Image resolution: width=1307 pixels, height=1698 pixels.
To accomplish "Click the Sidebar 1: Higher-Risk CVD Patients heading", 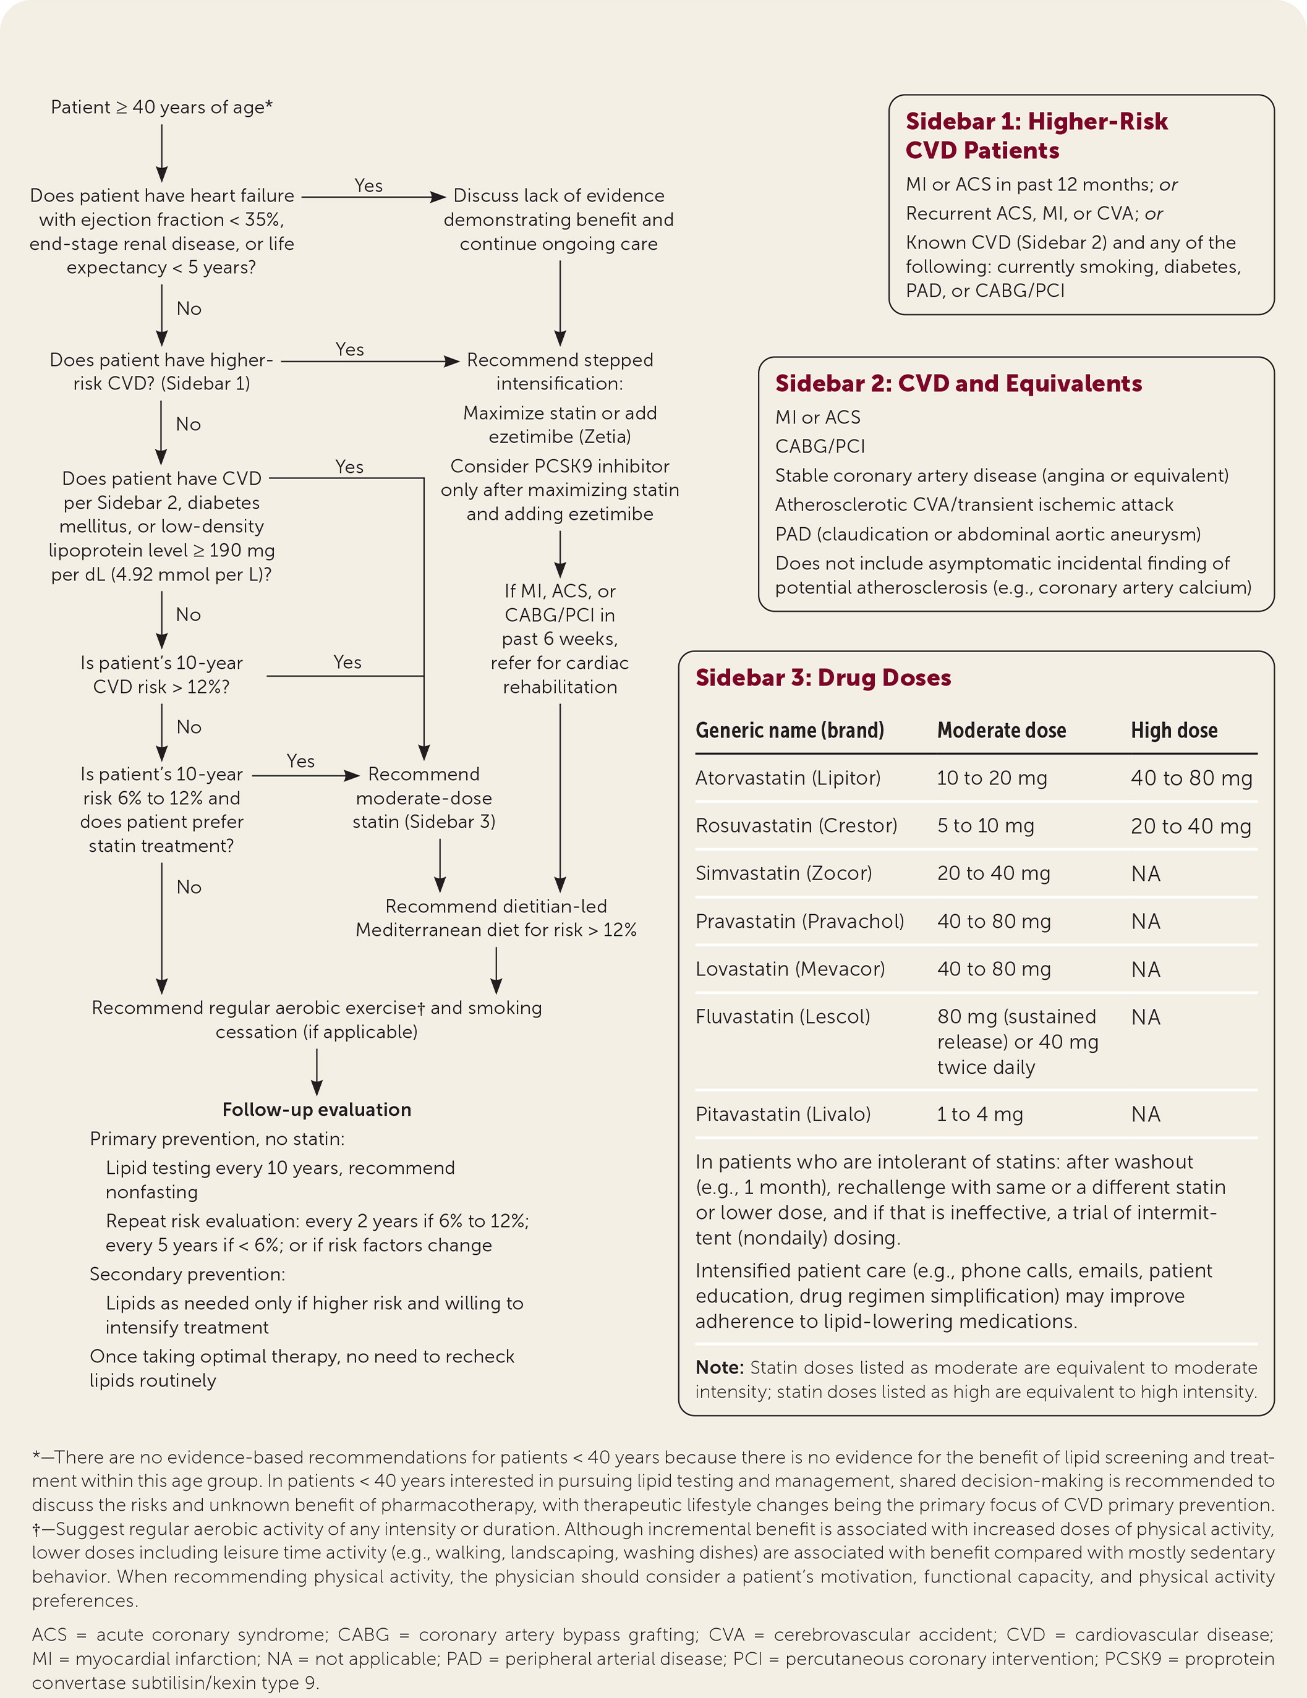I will pyautogui.click(x=1036, y=135).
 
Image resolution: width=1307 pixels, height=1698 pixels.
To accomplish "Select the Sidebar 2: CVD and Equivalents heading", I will pyautogui.click(x=958, y=383).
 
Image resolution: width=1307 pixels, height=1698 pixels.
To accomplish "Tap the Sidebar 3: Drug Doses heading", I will pyautogui.click(x=823, y=677).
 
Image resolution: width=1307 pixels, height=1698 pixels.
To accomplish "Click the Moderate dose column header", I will pyautogui.click(x=1001, y=730).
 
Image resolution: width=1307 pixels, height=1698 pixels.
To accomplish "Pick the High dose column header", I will pyautogui.click(x=1173, y=730).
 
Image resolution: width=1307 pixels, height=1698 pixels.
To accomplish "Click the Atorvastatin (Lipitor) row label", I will pyautogui.click(x=788, y=778).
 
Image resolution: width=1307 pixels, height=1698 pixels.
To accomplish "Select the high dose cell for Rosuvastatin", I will pyautogui.click(x=1190, y=826).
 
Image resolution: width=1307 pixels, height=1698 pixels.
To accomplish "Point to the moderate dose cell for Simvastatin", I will pyautogui.click(x=993, y=873).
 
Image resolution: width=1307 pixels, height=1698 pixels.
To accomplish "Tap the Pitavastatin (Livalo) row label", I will pyautogui.click(x=782, y=1114).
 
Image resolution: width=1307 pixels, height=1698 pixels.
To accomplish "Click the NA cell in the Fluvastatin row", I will pyautogui.click(x=1145, y=1017).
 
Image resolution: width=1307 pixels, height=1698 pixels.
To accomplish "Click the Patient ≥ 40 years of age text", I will pyautogui.click(x=162, y=108).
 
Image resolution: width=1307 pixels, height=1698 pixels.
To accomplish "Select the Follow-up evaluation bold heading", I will pyautogui.click(x=317, y=1110).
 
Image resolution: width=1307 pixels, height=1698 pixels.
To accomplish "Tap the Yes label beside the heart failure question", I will pyautogui.click(x=368, y=186).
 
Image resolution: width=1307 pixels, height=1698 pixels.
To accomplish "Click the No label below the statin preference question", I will pyautogui.click(x=189, y=887).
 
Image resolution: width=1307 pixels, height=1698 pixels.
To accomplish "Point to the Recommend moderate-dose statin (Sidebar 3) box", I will pyautogui.click(x=424, y=797).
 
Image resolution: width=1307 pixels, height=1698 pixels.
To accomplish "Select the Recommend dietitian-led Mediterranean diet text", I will pyautogui.click(x=496, y=918).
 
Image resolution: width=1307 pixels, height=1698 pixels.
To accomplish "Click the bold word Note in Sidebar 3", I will pyautogui.click(x=718, y=1367).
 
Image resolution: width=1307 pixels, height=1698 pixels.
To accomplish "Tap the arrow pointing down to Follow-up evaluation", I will pyautogui.click(x=317, y=1073).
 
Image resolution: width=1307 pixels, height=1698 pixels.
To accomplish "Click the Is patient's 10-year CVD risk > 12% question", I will pyautogui.click(x=162, y=675).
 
